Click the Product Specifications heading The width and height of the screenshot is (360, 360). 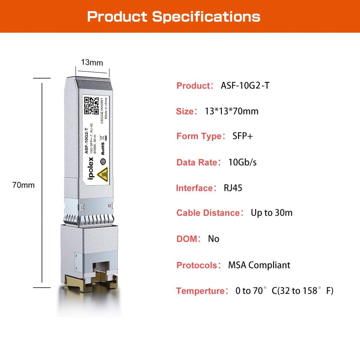pos(174,17)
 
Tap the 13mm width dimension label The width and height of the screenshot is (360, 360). pos(92,63)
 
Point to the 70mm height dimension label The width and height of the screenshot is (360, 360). pos(23,185)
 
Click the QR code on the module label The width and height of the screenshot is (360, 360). pos(92,105)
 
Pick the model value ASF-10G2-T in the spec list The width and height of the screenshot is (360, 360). pos(245,85)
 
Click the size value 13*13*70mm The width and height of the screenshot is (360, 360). pos(232,111)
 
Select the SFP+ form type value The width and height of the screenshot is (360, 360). pos(243,136)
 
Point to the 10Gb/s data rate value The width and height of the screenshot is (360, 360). pos(243,162)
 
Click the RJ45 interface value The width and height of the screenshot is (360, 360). pos(233,188)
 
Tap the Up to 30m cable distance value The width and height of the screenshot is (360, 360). pos(271,212)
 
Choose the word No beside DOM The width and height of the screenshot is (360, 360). pos(213,238)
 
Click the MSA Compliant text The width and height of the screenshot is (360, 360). pos(259,265)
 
